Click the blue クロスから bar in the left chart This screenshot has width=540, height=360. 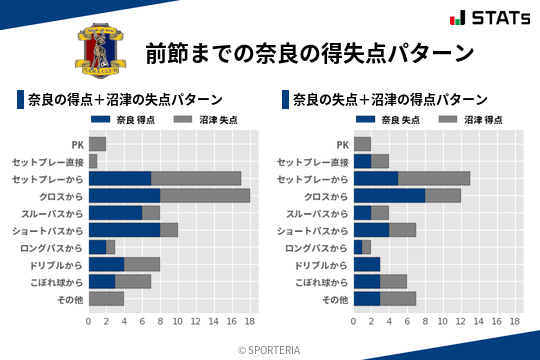(x=124, y=195)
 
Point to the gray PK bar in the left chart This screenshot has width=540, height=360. (x=97, y=144)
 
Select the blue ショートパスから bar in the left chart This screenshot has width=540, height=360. (x=124, y=230)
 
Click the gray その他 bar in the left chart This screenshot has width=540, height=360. (x=106, y=298)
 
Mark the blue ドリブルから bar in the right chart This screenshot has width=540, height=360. (x=367, y=264)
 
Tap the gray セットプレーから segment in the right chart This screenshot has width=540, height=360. (x=434, y=178)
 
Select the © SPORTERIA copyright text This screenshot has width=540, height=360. (x=269, y=349)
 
